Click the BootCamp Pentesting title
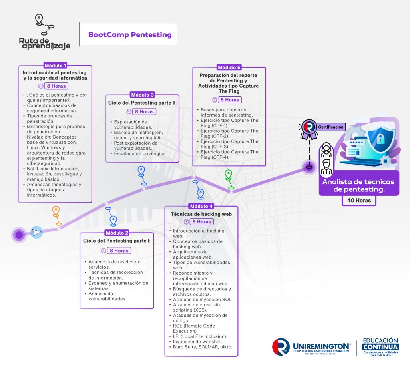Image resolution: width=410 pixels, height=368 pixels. tap(130, 35)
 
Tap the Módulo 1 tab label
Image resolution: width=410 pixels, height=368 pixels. tap(55, 65)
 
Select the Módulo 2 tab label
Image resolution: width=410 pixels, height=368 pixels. tap(117, 233)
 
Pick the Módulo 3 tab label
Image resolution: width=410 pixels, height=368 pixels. tap(142, 95)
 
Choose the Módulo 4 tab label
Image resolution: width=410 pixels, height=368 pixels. tap(201, 206)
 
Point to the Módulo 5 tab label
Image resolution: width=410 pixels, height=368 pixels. tap(229, 68)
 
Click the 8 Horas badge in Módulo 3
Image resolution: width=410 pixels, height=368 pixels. tap(144, 111)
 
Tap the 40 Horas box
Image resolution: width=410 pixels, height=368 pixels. tap(359, 200)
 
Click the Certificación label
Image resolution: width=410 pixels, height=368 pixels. tap(330, 127)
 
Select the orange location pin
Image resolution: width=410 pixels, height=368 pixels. tap(56, 211)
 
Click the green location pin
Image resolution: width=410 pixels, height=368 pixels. tap(229, 175)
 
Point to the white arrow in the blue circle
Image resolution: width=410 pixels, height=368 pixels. tap(36, 232)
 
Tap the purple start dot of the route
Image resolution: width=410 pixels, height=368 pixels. tap(19, 235)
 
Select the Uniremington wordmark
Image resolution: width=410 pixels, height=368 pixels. tap(322, 346)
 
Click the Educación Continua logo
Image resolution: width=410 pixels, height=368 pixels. tap(380, 347)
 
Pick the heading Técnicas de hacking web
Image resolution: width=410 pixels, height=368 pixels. tap(201, 214)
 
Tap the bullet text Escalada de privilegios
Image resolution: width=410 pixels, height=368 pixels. tap(140, 153)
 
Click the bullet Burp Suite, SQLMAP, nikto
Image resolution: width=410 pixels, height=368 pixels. tap(202, 347)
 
